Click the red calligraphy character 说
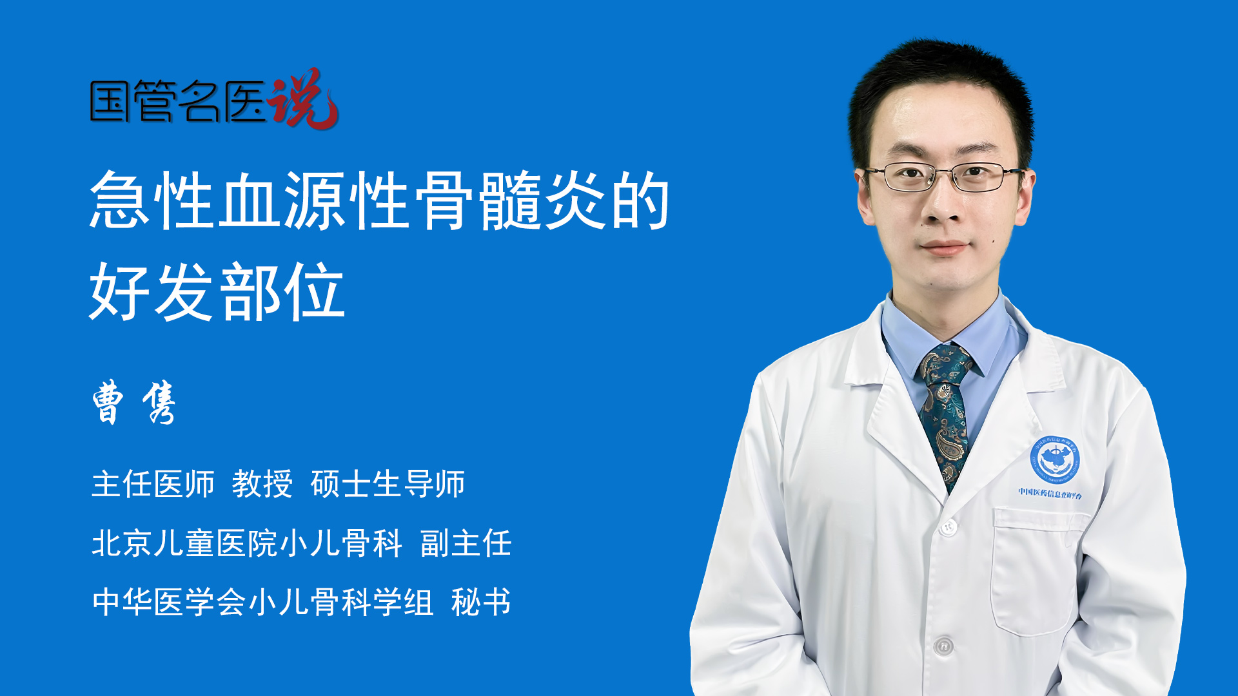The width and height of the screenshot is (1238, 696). pos(303,99)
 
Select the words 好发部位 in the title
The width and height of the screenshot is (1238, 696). pos(217,292)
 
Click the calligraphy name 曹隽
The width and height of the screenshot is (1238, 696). pos(134,402)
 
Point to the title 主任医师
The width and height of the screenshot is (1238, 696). pos(153,484)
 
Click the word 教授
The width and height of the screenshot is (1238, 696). pos(262,484)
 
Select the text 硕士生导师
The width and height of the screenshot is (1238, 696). pos(388,484)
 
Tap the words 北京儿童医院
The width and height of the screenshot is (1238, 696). pos(184,543)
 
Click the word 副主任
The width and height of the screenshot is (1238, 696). pos(466,543)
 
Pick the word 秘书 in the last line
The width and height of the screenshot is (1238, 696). pos(481,602)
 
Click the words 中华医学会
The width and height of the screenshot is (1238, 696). pos(169,602)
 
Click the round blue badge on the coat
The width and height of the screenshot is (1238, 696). pos(1055,459)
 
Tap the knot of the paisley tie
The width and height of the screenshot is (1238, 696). pos(945,362)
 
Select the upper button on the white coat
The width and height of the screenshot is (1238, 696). pos(947,527)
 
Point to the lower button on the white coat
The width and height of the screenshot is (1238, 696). pos(943,645)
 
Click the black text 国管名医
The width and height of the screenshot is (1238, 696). pos(178,101)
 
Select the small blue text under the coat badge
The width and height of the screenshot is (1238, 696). pos(1050,494)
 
